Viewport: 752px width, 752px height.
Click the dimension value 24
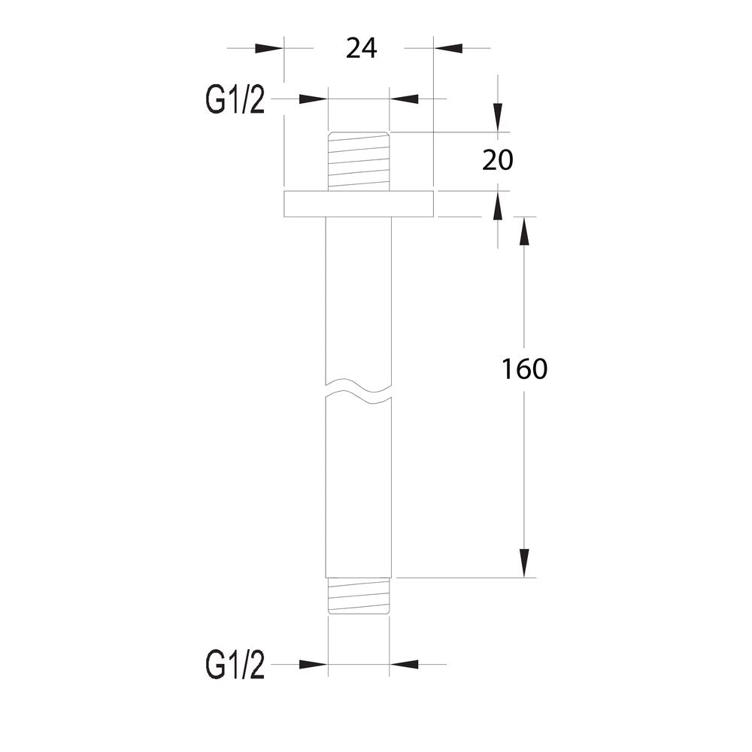click(362, 48)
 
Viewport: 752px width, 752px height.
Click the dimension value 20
click(497, 160)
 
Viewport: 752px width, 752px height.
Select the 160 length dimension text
click(524, 368)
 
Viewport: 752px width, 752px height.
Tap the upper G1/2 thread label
click(235, 100)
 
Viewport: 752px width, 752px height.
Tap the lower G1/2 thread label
click(235, 665)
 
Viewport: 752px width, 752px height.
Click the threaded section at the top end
click(359, 161)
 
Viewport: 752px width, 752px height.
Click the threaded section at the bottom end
click(359, 596)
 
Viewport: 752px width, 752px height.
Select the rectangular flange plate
click(359, 204)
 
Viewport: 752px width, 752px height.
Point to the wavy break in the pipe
click(359, 390)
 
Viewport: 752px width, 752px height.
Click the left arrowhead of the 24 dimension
click(269, 48)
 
